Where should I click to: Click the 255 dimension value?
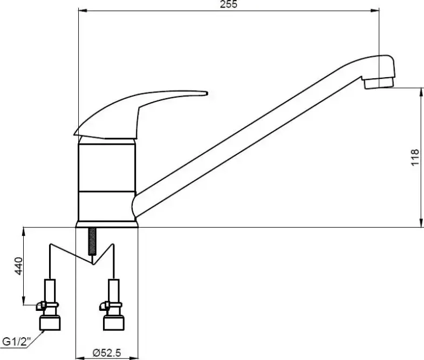[x=229, y=4]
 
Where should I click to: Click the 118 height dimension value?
[x=415, y=158]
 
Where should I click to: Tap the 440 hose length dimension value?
[x=19, y=266]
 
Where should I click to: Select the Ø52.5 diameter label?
[x=107, y=352]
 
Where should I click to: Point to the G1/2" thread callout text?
[x=17, y=342]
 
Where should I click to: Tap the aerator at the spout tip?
[x=379, y=83]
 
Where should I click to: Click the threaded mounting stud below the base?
[x=92, y=241]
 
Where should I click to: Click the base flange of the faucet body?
[x=107, y=225]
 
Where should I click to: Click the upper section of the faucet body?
[x=107, y=167]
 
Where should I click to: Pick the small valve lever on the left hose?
[x=41, y=305]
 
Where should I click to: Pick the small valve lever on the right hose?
[x=104, y=305]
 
